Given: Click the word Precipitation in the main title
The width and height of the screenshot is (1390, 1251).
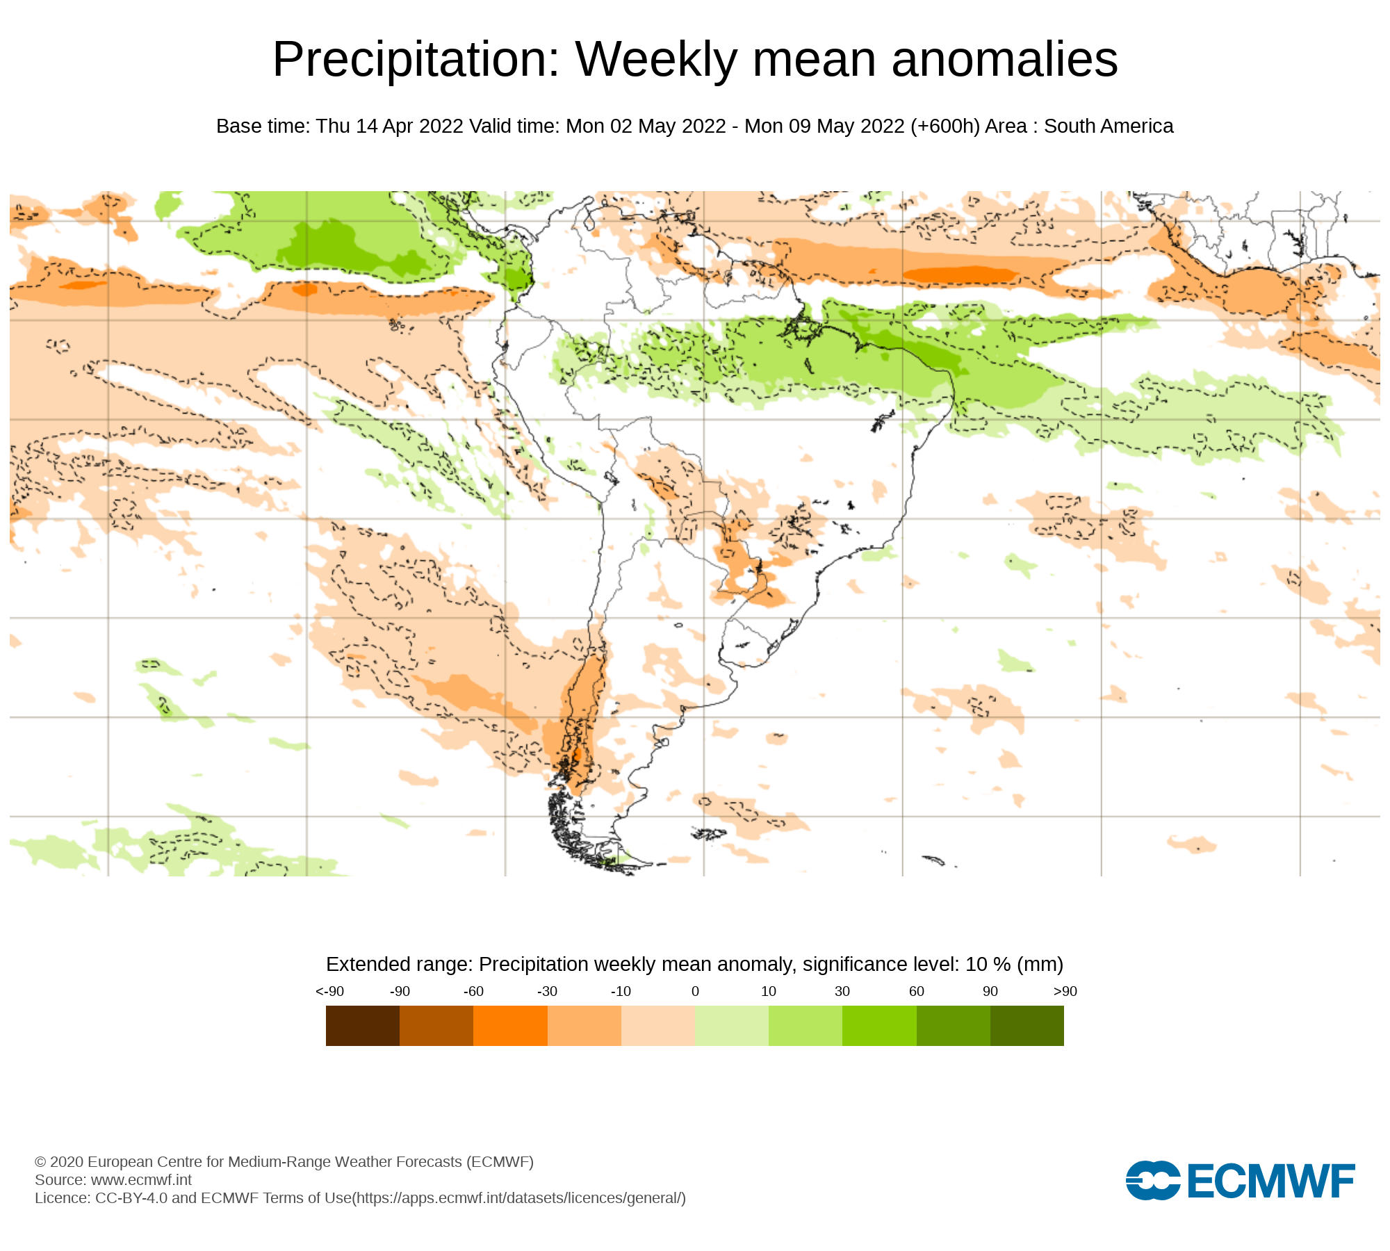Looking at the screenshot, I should point(416,60).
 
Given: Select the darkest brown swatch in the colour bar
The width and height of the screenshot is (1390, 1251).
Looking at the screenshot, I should point(362,1026).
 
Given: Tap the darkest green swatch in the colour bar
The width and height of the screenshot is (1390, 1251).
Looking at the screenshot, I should point(1027,1026).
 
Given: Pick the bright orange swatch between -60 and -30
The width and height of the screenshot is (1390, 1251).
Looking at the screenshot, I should point(510,1026).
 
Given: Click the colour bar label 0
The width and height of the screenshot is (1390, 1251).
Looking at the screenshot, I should point(695,991).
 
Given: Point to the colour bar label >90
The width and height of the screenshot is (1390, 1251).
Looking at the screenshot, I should point(1065,991).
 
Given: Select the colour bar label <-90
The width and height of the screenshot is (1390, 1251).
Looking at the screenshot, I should point(329,991).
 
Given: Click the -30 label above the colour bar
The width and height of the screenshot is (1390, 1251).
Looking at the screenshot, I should point(547,991).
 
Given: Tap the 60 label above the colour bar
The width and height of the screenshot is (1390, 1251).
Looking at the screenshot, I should point(916,991).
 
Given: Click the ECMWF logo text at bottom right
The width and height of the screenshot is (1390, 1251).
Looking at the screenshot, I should point(1270,1181).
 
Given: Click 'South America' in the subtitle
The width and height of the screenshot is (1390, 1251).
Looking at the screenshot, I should point(1109,126).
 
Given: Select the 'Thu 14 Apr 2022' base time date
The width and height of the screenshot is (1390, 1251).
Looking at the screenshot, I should point(389,126).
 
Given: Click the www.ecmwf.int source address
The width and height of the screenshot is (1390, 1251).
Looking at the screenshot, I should point(141,1179).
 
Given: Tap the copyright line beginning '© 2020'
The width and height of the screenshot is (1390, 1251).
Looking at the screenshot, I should point(284,1161).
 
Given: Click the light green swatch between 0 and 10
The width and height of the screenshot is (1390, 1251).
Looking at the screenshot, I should point(731,1026).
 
